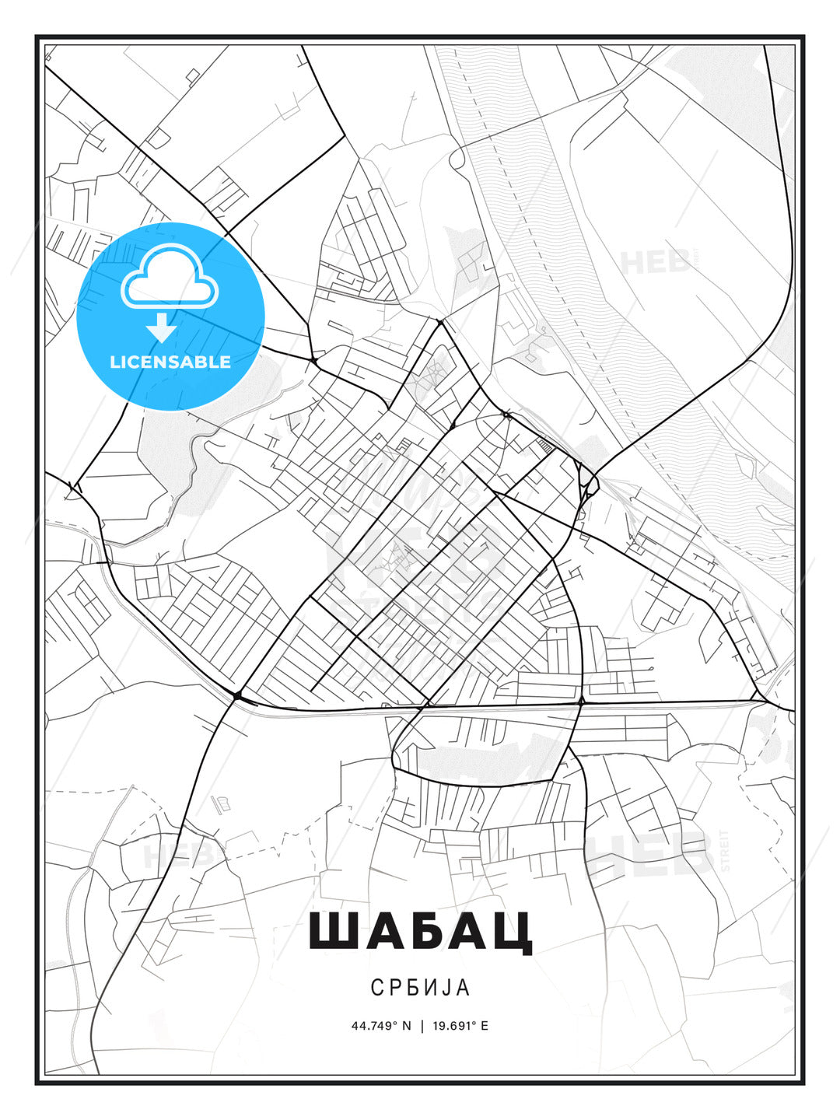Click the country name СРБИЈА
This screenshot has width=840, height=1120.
[420, 987]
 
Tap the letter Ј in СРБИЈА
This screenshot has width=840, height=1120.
[446, 987]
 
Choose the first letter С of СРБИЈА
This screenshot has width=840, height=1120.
[376, 987]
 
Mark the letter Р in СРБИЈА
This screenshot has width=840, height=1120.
[394, 987]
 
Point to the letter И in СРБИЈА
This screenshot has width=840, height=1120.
[430, 987]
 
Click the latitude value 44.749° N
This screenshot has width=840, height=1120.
[380, 1026]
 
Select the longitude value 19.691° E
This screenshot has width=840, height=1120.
[460, 1026]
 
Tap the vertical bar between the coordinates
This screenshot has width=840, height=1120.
[422, 1026]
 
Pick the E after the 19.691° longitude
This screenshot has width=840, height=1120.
[485, 1026]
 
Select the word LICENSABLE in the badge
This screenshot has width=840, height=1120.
[170, 362]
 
